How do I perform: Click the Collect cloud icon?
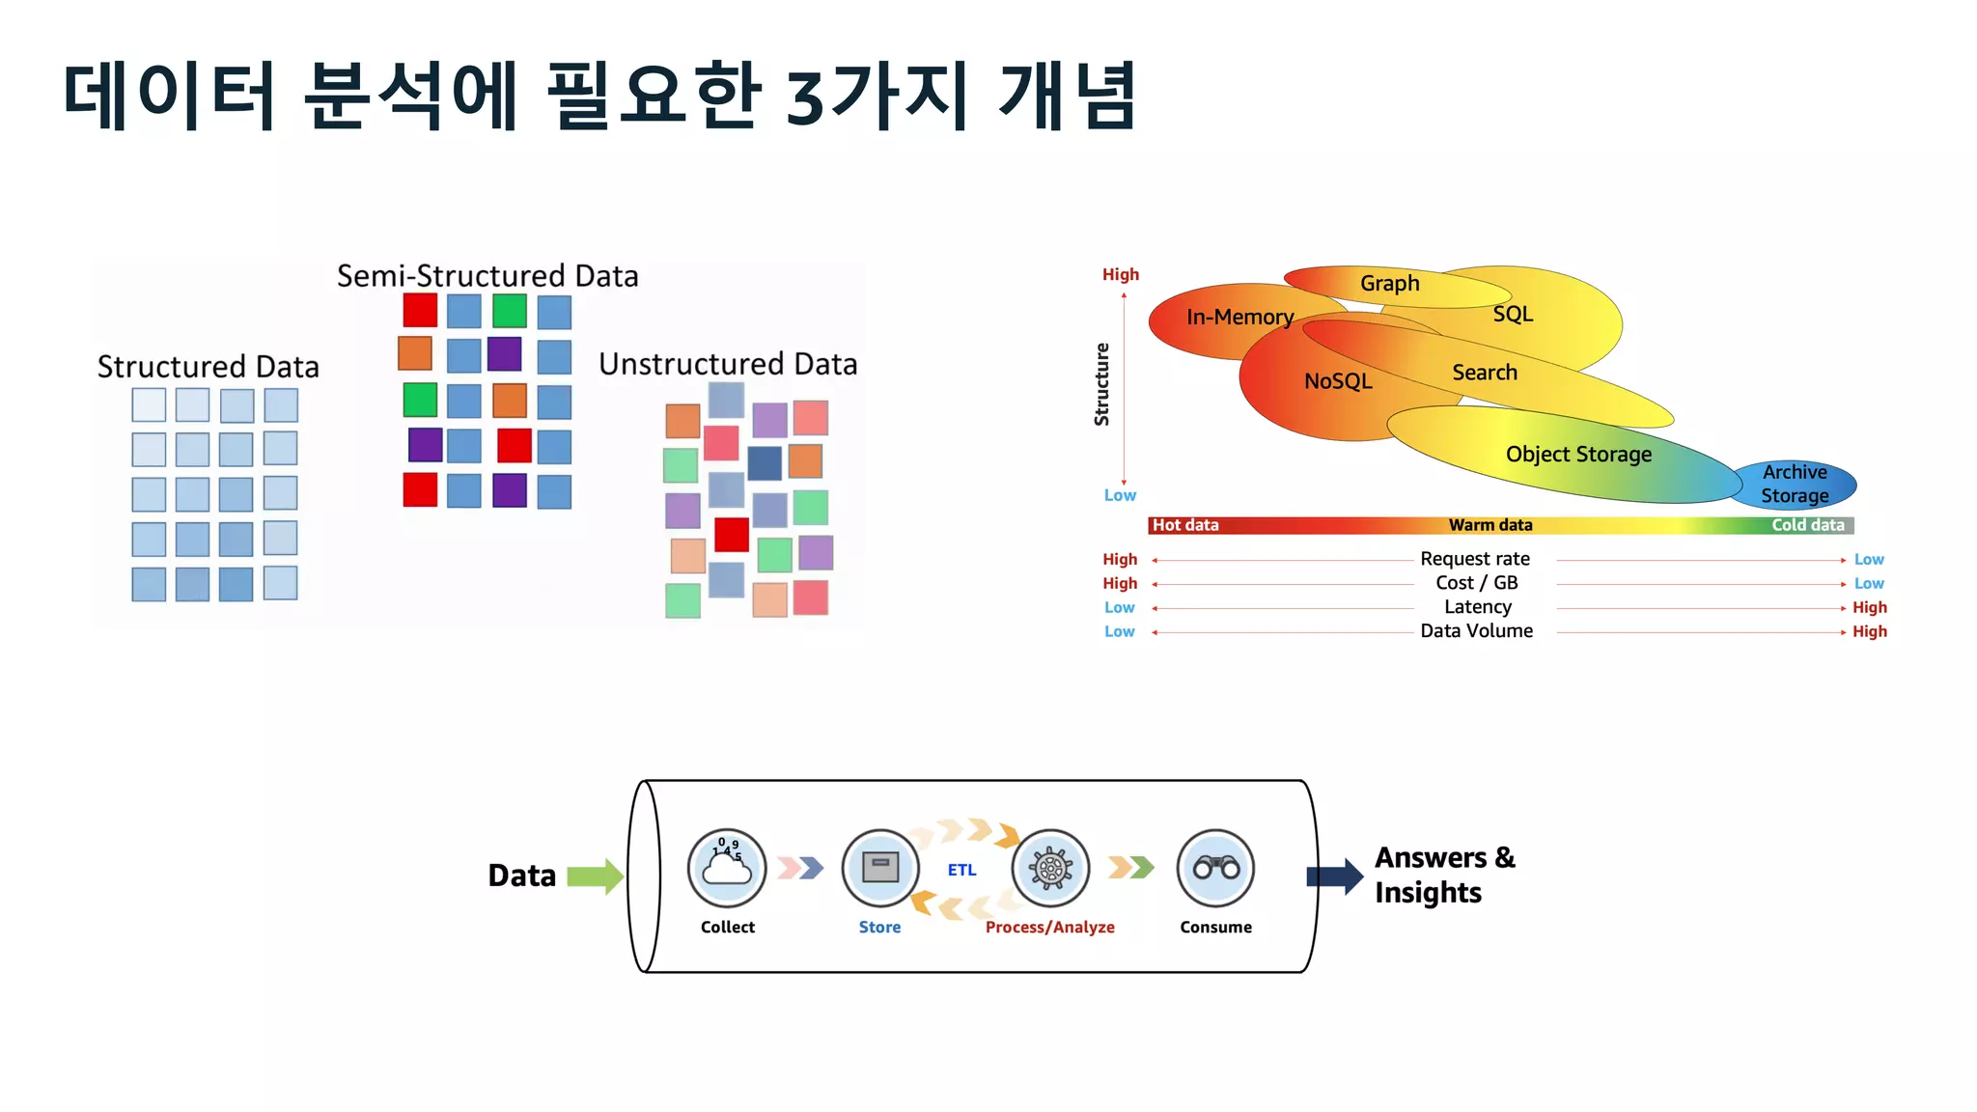tap(727, 868)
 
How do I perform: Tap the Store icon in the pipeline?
tap(879, 868)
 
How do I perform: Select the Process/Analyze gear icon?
tap(1050, 868)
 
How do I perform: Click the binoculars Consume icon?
tap(1215, 868)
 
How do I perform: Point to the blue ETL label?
tap(961, 870)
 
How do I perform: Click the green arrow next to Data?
tap(595, 876)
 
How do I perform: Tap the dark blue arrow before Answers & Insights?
tap(1334, 876)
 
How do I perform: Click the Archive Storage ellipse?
tap(1795, 484)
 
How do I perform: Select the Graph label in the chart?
tap(1389, 284)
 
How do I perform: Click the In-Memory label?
tap(1239, 317)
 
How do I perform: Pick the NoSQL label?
tap(1337, 381)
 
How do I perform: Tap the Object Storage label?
tap(1578, 454)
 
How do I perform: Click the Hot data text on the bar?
tap(1185, 525)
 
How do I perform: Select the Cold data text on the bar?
tap(1807, 525)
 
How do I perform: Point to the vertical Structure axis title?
tap(1101, 384)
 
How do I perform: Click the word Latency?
tap(1477, 607)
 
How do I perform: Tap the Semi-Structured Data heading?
tap(487, 276)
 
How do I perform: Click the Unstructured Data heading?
tap(728, 364)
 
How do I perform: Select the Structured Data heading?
tap(208, 367)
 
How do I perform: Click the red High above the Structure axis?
tap(1121, 275)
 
